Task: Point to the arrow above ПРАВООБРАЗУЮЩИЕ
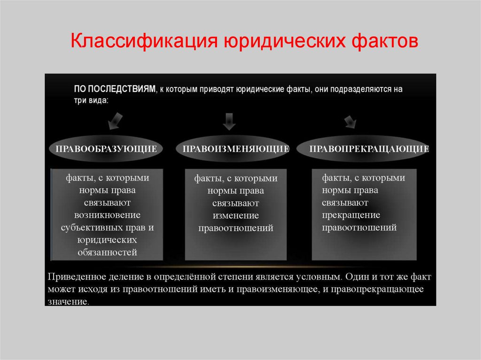pyautogui.click(x=115, y=121)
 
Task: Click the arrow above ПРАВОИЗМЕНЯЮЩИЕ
pyautogui.click(x=229, y=121)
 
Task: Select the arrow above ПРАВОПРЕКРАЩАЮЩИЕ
pyautogui.click(x=350, y=122)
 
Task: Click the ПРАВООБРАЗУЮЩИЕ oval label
pyautogui.click(x=106, y=149)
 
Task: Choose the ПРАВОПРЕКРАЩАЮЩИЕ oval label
pyautogui.click(x=369, y=149)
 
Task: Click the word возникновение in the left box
pyautogui.click(x=107, y=215)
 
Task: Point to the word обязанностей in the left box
pyautogui.click(x=107, y=253)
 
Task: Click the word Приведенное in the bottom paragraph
pyautogui.click(x=76, y=276)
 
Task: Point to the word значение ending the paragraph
pyautogui.click(x=68, y=301)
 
